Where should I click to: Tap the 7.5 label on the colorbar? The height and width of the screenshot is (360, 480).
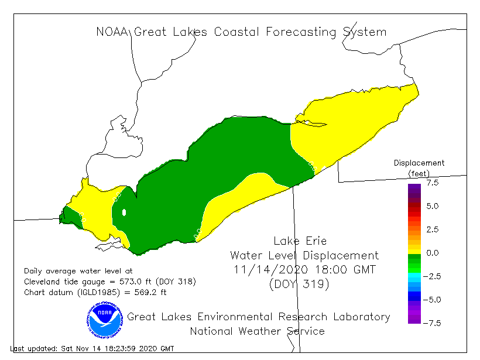click(x=432, y=183)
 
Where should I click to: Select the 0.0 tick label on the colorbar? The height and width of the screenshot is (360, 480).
click(x=432, y=253)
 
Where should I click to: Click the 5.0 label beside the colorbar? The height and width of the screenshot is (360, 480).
click(x=432, y=206)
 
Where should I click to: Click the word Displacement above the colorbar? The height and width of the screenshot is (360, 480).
click(x=419, y=163)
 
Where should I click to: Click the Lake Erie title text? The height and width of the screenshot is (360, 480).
click(x=300, y=241)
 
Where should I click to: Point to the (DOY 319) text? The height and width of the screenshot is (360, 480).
click(x=300, y=285)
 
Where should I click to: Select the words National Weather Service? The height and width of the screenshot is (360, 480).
click(x=257, y=331)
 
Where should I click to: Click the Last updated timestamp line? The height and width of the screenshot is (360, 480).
click(x=92, y=348)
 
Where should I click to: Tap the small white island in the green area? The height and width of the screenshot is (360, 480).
click(x=124, y=212)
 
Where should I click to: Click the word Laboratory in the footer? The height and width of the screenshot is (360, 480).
click(x=361, y=317)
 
